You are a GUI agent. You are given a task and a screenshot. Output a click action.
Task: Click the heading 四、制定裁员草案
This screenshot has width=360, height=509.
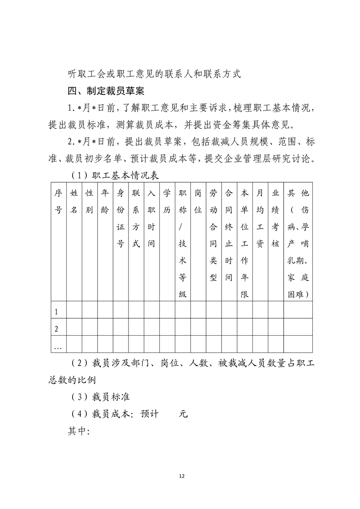tap(106, 91)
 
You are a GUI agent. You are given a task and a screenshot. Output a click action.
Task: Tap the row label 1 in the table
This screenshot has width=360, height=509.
tap(56, 312)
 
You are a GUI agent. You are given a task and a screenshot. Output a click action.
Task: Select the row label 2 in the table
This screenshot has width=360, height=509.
tap(56, 328)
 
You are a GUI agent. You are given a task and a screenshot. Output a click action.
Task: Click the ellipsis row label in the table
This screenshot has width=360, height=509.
tap(57, 347)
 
